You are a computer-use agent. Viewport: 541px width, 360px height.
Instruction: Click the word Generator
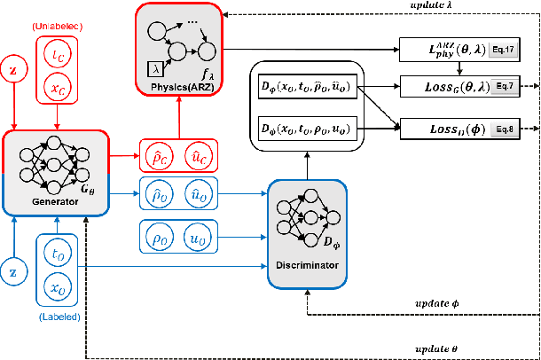coord(31,200)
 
